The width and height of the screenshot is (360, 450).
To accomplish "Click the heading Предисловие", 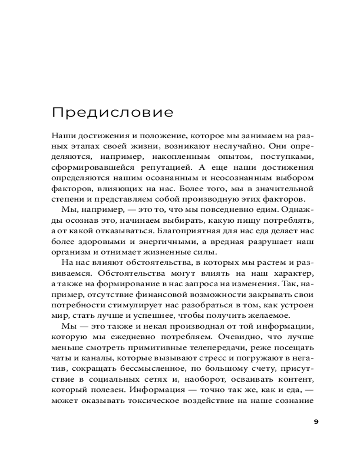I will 112,112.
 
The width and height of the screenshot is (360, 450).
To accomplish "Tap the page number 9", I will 315,422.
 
